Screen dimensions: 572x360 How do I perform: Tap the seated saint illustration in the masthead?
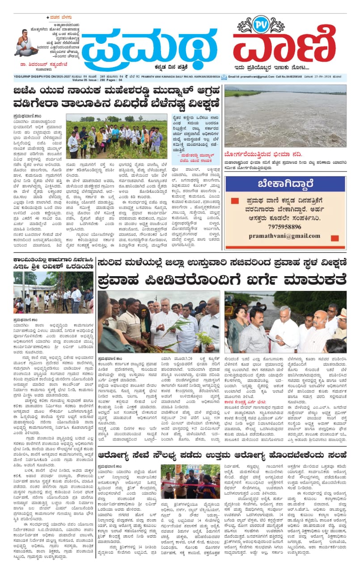point(25,42)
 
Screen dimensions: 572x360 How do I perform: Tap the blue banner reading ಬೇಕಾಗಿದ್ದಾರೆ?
point(285,184)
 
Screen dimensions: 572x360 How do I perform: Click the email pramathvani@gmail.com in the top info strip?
point(254,77)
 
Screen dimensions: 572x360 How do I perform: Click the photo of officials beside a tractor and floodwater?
point(285,321)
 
